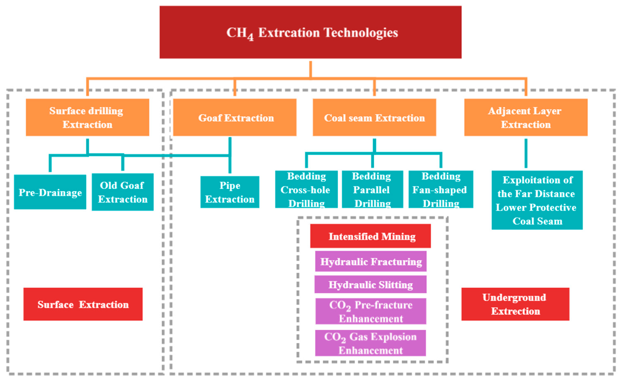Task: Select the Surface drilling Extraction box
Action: tap(87, 117)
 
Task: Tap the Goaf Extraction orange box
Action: tap(235, 117)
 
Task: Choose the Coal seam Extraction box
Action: tap(374, 117)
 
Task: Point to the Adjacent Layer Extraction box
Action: tap(526, 117)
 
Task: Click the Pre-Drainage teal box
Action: tap(50, 192)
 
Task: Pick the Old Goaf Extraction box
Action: tap(123, 192)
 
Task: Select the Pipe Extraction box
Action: tap(230, 192)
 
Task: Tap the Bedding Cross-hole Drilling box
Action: tap(306, 189)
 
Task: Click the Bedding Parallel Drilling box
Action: tap(372, 189)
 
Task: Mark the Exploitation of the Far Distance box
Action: tap(537, 200)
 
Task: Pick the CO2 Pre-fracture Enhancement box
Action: tap(371, 311)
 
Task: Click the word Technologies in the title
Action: tap(361, 32)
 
